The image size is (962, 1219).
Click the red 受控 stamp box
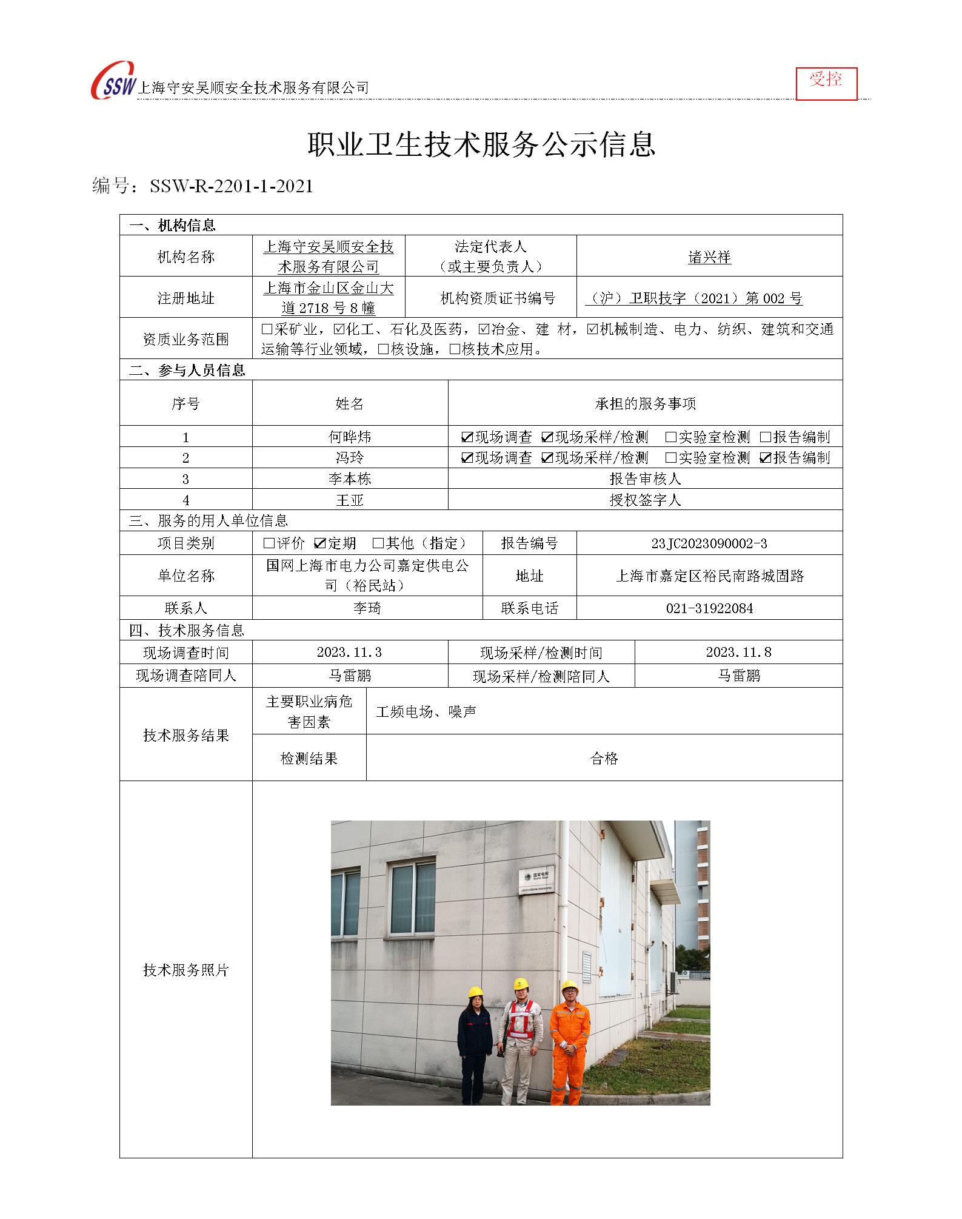[x=826, y=83]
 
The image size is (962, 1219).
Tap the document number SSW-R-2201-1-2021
[x=231, y=186]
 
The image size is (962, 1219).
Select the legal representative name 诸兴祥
[x=709, y=257]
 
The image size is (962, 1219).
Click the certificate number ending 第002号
[x=693, y=298]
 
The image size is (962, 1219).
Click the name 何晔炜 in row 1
[x=350, y=437]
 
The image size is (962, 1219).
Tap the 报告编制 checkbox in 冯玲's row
[x=766, y=458]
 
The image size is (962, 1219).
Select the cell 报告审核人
[x=645, y=479]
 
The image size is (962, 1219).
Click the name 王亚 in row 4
[x=350, y=500]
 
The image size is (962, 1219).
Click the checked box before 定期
[x=320, y=543]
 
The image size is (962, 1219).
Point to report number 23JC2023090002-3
[x=709, y=543]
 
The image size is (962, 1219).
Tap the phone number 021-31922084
[x=709, y=608]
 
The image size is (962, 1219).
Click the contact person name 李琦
[x=367, y=608]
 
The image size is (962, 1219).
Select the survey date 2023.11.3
[x=349, y=653]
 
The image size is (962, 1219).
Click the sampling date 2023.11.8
[x=738, y=653]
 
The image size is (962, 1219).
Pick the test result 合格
[x=604, y=758]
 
